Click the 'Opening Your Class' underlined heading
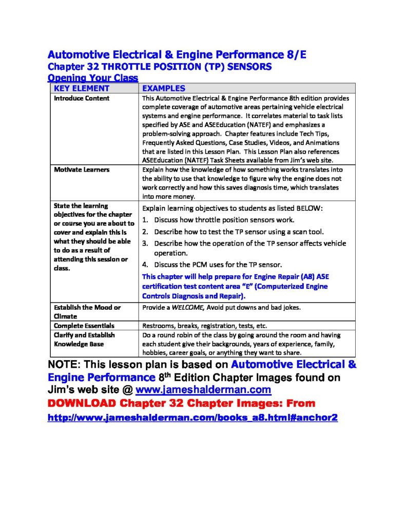(x=92, y=78)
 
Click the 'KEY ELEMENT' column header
(x=82, y=88)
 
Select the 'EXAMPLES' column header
(x=163, y=88)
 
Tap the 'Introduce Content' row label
(x=82, y=98)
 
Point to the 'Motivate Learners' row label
(x=82, y=170)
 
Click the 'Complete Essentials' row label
(x=84, y=326)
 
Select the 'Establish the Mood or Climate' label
(x=87, y=312)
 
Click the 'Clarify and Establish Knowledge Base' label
(x=84, y=340)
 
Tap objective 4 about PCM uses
(x=218, y=265)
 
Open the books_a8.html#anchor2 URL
(x=192, y=418)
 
